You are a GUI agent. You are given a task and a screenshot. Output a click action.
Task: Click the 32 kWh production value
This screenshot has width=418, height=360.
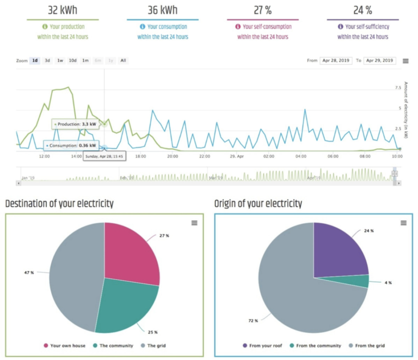pos(63,10)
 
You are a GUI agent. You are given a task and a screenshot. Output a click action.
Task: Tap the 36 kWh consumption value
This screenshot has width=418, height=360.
pos(162,10)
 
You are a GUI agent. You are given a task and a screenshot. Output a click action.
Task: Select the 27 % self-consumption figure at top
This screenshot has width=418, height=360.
pos(262,10)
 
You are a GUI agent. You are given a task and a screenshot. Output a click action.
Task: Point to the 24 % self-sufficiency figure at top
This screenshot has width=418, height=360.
pos(362,10)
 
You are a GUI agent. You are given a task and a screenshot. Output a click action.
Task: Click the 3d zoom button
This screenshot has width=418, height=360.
pos(47,60)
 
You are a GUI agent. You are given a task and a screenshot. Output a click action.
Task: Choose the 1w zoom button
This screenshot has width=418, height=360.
pos(60,60)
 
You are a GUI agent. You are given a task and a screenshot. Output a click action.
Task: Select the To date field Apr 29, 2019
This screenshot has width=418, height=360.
pos(379,60)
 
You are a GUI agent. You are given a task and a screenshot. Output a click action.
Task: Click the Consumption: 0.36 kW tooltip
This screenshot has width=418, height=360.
pos(72,145)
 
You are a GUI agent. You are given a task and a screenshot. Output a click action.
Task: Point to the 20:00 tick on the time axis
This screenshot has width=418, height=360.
pos(173,156)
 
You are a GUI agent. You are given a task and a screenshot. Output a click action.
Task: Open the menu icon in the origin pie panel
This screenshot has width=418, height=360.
pos(403,223)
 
